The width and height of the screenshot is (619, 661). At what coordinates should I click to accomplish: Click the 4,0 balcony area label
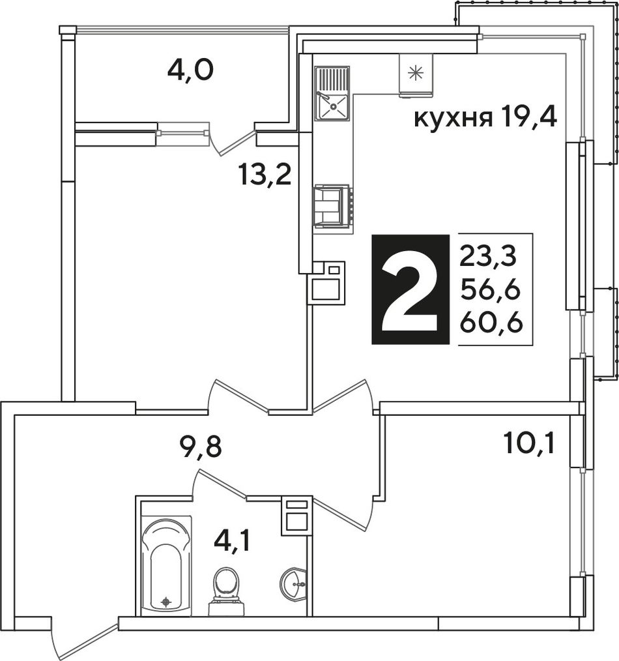click(x=190, y=70)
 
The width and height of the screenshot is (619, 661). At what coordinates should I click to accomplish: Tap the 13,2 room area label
click(x=265, y=175)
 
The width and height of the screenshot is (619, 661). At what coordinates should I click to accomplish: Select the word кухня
click(x=453, y=119)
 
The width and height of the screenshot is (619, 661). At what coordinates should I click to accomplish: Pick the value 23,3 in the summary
click(x=487, y=256)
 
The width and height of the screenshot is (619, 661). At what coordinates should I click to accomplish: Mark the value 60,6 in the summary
click(x=491, y=323)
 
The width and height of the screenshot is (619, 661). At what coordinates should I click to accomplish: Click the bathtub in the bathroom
click(x=166, y=565)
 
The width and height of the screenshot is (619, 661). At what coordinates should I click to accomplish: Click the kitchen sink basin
click(x=332, y=106)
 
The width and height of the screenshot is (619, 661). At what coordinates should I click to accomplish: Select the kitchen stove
click(x=332, y=207)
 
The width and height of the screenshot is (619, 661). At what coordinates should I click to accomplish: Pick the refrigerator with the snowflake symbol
click(x=416, y=74)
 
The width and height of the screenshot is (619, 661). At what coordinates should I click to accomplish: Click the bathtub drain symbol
click(x=166, y=602)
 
